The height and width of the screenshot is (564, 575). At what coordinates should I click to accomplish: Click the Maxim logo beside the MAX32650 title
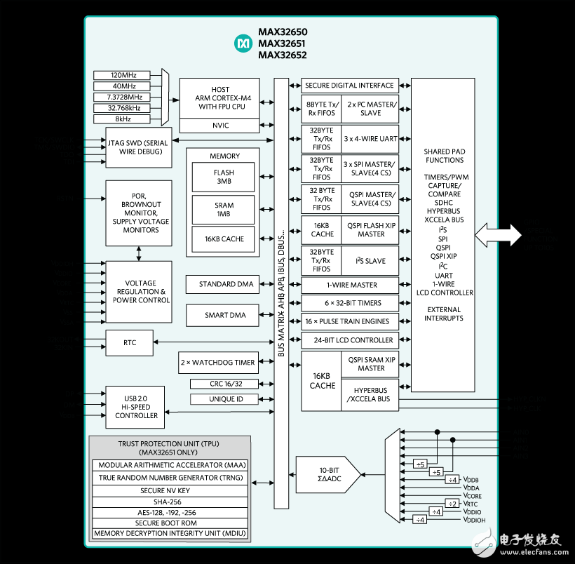click(x=243, y=43)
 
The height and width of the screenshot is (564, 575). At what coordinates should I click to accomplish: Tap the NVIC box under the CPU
click(x=219, y=126)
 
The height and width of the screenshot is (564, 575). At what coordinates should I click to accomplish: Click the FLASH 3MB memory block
click(x=224, y=177)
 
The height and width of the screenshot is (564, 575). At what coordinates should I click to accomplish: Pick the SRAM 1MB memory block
click(x=224, y=209)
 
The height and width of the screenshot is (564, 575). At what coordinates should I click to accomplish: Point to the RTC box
click(x=129, y=342)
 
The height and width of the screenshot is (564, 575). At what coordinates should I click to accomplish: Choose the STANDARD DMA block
click(x=221, y=284)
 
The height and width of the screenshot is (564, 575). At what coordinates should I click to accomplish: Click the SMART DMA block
click(x=221, y=315)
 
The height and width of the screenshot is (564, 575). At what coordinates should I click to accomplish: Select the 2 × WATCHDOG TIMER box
click(x=217, y=363)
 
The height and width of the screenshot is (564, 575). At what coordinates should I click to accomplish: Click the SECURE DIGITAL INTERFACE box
click(x=350, y=86)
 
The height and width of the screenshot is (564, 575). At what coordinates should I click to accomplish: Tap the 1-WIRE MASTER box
click(x=350, y=285)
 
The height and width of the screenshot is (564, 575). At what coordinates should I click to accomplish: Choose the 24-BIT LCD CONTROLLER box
click(x=350, y=340)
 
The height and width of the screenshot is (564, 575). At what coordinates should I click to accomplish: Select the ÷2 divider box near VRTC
click(x=452, y=503)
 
